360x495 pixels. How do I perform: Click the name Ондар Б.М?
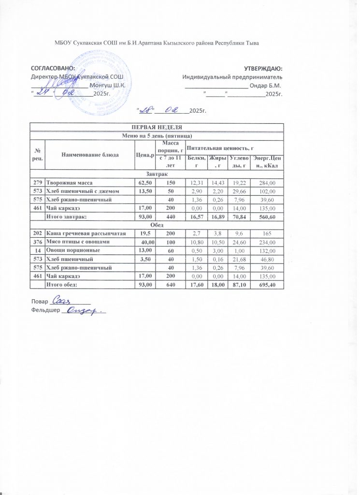tap(266, 86)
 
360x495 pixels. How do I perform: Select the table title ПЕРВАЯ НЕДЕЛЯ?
tap(157, 127)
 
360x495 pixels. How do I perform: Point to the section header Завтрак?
tap(157, 173)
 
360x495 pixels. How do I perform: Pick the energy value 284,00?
tap(266, 182)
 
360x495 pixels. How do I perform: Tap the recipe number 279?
tap(37, 182)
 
